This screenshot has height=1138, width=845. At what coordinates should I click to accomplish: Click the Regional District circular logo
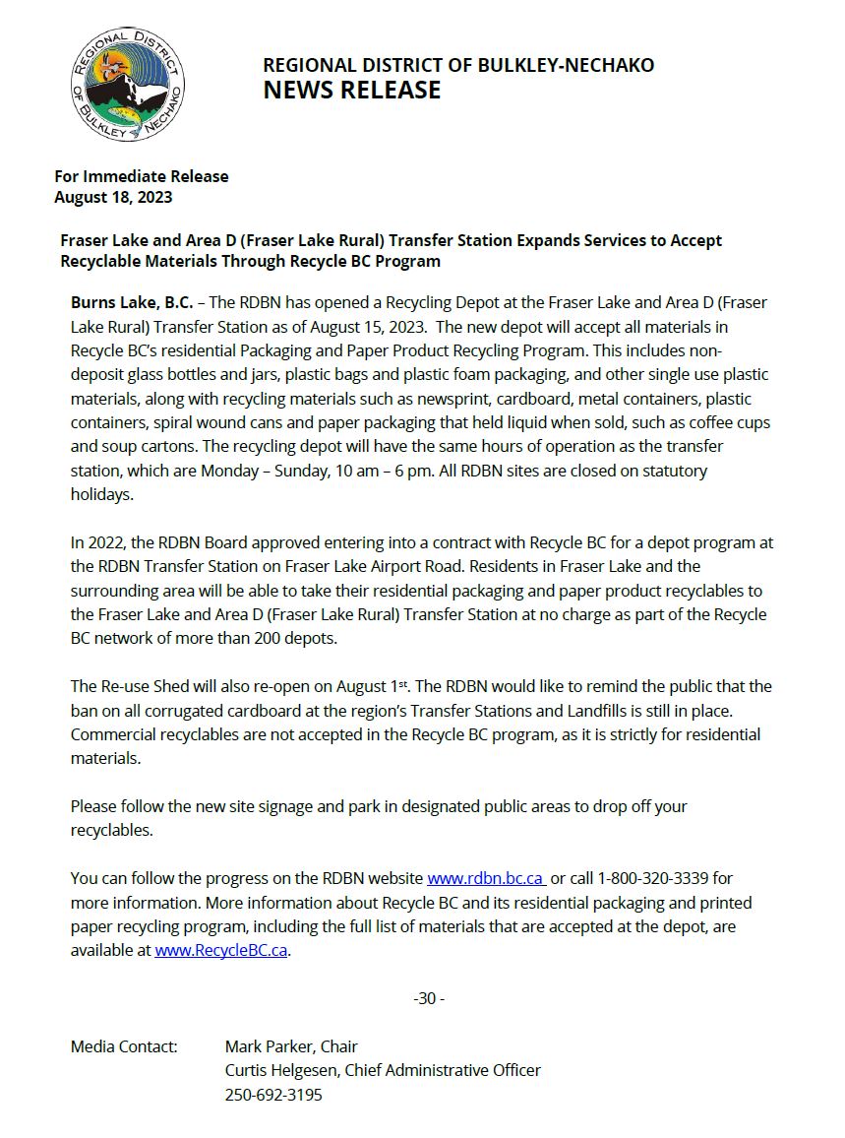coord(128,84)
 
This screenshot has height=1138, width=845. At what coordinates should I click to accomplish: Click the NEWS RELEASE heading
coord(351,91)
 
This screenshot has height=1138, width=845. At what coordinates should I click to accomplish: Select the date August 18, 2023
coord(113,197)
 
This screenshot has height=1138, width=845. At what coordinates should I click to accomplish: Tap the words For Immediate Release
coord(141,176)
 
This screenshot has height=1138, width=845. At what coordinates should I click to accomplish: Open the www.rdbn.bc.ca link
coord(486,878)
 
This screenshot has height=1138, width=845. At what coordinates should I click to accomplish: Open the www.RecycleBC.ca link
coord(221,951)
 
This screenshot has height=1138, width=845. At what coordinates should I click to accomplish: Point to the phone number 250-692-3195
coord(273,1095)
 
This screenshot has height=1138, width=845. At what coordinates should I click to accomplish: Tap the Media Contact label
coord(124,1046)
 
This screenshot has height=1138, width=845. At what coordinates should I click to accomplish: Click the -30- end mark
coord(429,998)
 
